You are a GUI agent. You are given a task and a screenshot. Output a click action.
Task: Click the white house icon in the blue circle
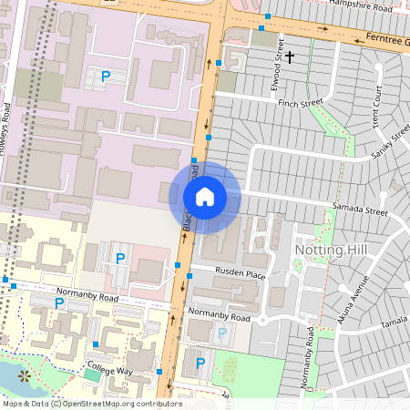205,197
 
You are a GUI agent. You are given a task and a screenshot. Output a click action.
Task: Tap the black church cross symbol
290,58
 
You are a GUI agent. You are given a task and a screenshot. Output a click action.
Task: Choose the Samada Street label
361,211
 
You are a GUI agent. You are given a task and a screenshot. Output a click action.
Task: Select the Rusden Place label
241,273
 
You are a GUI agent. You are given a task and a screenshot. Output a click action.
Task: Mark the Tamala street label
395,323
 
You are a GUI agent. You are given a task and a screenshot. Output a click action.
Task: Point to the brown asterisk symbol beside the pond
24,374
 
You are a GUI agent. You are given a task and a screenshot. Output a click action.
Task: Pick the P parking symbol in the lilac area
106,77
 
